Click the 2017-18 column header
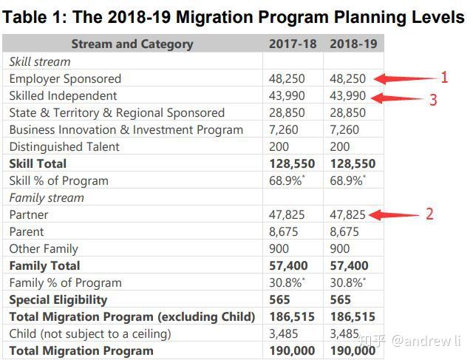tap(293, 44)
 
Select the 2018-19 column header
tap(353, 44)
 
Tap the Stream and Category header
tap(132, 44)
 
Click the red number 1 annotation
tap(444, 78)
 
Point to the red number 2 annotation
tap(429, 214)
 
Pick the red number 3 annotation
tap(433, 100)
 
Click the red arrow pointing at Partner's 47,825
tap(394, 215)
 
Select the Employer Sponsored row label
tap(65, 79)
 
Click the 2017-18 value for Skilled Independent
tap(287, 96)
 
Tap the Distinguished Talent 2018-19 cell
tap(340, 147)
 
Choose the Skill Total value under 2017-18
tap(292, 164)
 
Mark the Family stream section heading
tap(47, 198)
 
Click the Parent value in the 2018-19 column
tap(344, 232)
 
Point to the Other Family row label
tap(44, 249)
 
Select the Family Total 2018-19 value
tap(349, 266)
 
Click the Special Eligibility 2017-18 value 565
tap(279, 300)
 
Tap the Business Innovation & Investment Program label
tap(126, 130)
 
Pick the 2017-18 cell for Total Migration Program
tap(292, 351)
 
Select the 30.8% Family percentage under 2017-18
tap(287, 282)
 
